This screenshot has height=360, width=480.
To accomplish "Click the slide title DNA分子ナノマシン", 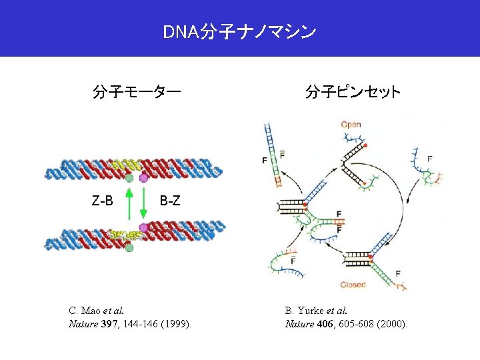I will tap(239, 31).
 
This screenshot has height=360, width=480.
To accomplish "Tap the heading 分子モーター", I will tap(136, 91).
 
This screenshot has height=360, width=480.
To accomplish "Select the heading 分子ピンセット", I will tap(353, 91).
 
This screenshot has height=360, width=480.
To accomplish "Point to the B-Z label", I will tap(170, 200).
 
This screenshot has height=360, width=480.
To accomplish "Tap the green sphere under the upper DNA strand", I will tap(129, 178).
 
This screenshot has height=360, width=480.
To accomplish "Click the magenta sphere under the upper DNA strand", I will tap(143, 178).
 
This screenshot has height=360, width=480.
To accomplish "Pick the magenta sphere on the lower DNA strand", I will tap(143, 228).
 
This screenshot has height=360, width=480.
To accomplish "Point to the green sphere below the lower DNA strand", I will tap(129, 248).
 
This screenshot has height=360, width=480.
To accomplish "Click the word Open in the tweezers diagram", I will tap(351, 125).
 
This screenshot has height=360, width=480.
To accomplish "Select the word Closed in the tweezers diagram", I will tap(353, 285).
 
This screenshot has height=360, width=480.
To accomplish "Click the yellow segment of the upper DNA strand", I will tap(123, 163).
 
